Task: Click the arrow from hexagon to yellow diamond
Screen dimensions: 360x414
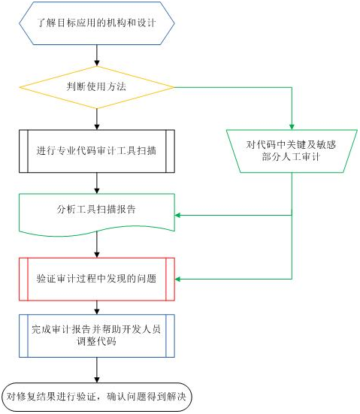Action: point(97,55)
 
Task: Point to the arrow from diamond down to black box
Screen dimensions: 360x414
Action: point(97,119)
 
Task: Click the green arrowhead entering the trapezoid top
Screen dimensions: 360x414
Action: point(292,127)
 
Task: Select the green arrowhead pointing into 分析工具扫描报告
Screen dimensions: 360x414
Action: point(178,215)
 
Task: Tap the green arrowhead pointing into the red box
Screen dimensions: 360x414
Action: point(178,279)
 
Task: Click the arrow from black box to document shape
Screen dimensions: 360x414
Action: point(97,183)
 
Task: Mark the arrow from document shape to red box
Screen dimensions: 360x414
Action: point(97,244)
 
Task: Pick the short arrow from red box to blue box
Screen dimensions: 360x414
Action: point(97,307)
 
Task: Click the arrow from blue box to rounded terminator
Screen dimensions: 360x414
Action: point(97,370)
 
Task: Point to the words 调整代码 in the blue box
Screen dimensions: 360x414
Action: point(96,342)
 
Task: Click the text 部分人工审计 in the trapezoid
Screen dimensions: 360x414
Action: point(291,157)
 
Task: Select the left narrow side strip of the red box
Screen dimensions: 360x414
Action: point(23,279)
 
